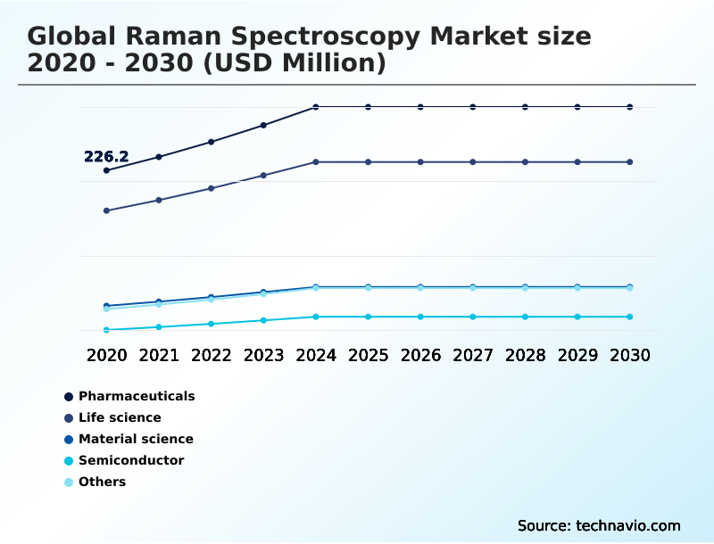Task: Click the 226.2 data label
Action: pos(106,157)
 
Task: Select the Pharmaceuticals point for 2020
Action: pos(106,170)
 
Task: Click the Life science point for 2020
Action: pos(106,210)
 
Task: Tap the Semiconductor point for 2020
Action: pos(106,330)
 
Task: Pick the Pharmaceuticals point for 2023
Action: pos(263,125)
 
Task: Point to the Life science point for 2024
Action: pos(316,162)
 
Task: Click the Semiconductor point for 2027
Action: pos(473,317)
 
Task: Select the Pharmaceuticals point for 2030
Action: pos(630,107)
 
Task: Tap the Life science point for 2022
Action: pos(212,188)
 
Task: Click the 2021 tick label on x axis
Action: pos(159,355)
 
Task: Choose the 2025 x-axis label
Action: pos(368,355)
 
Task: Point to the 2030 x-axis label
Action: pos(630,355)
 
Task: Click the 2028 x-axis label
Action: pos(525,355)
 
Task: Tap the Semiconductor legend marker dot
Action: pos(69,461)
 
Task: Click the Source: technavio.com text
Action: pos(599,525)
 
